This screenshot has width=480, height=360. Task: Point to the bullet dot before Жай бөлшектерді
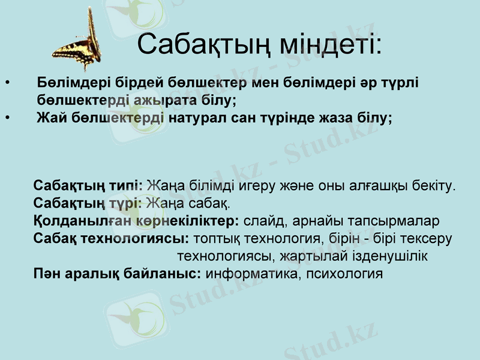click(x=7, y=117)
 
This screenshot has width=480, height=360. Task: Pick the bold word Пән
click(x=45, y=274)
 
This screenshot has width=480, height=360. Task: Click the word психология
click(x=344, y=274)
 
